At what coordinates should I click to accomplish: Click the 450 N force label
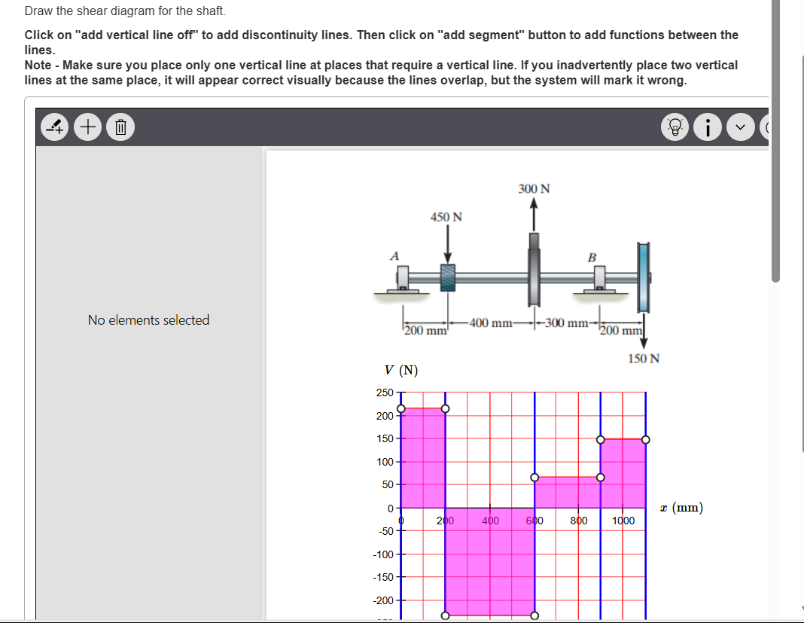[446, 217]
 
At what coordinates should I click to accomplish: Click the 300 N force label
[534, 188]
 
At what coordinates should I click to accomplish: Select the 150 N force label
[643, 359]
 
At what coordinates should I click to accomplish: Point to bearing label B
[592, 258]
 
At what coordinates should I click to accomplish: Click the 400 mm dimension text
[491, 324]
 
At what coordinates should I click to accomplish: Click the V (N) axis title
[400, 370]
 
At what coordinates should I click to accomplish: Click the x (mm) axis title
[681, 508]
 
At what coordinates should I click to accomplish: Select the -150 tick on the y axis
[382, 577]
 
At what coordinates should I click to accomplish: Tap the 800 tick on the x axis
[578, 521]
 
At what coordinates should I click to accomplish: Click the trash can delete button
[120, 127]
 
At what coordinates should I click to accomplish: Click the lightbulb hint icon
[675, 127]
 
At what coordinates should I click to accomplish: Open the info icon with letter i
[708, 127]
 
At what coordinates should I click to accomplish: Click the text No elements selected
[148, 320]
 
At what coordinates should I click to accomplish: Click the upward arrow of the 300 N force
[534, 215]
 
